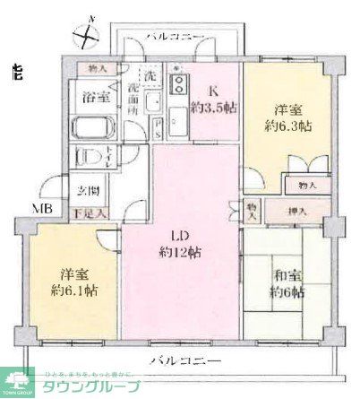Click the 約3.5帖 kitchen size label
tap(213, 105)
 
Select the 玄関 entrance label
tap(87, 190)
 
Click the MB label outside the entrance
tap(42, 209)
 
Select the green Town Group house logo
tap(17, 380)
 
